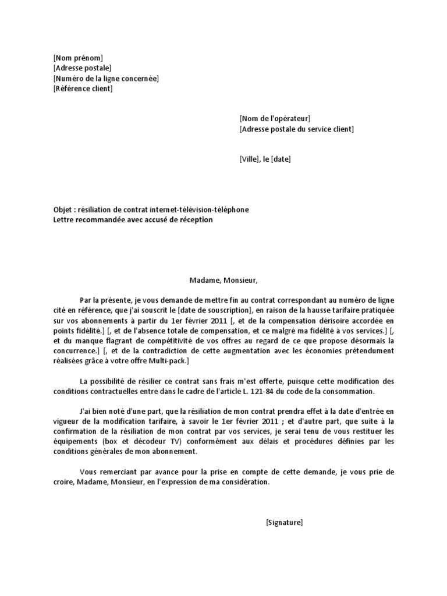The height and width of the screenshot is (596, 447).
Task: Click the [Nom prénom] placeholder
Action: click(x=77, y=58)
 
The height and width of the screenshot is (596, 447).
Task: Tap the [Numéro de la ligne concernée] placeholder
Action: click(x=105, y=79)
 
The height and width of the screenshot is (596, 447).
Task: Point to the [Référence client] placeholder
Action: click(x=83, y=89)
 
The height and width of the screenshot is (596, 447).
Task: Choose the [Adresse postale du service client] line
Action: click(x=296, y=129)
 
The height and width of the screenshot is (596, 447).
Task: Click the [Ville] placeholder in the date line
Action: click(x=250, y=159)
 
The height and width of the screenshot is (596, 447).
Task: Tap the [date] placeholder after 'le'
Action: click(x=281, y=159)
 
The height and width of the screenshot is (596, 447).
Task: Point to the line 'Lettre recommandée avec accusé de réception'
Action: click(x=133, y=220)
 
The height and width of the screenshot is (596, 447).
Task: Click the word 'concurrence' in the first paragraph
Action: click(x=73, y=351)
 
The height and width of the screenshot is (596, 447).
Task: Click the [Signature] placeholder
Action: click(x=284, y=523)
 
